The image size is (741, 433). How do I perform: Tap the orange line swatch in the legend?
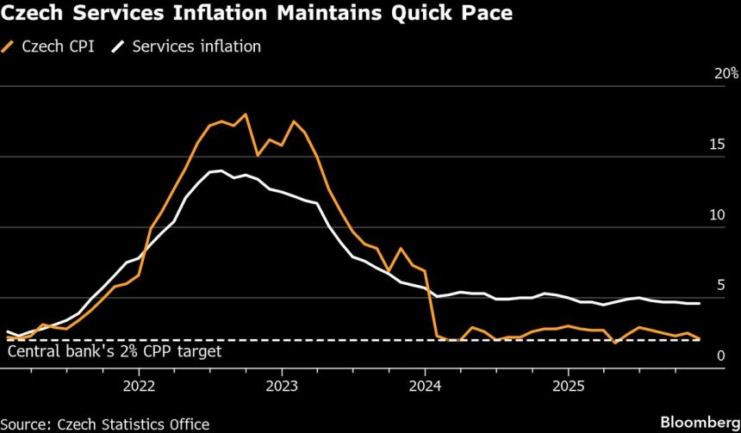pyautogui.click(x=12, y=46)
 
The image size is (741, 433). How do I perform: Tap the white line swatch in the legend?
pyautogui.click(x=119, y=46)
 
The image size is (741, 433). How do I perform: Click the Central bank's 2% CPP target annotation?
pyautogui.click(x=115, y=352)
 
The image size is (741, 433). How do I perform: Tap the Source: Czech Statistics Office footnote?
pyautogui.click(x=104, y=424)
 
